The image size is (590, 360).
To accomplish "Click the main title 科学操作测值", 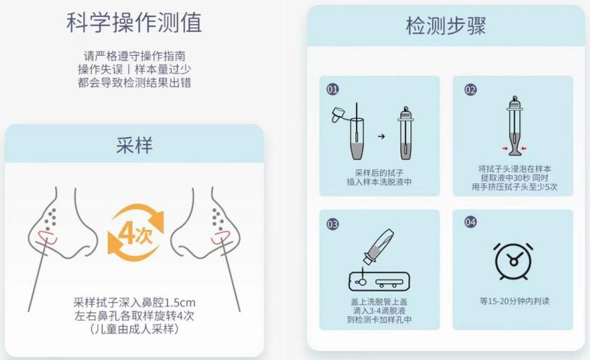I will tap(134, 22).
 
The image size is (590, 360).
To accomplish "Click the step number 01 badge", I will tap(332, 90).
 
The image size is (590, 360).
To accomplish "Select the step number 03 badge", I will tap(332, 223).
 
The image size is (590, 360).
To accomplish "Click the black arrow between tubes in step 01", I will tap(381, 136).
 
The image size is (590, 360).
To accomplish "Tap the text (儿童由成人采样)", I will tap(134, 329).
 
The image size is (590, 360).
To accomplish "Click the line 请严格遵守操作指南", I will tap(134, 56).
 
